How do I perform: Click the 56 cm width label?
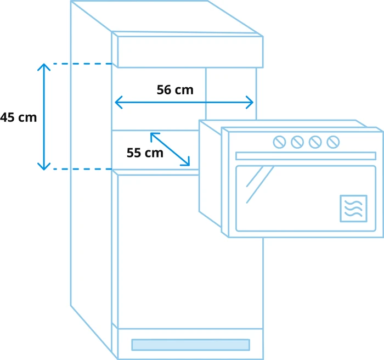175,89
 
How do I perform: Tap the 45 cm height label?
18,117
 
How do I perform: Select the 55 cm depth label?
145,153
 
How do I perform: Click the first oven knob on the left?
279,142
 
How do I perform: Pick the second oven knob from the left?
297,142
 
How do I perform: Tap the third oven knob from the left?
315,142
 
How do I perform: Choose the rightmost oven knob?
333,142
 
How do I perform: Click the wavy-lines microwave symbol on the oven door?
353,209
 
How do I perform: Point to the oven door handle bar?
306,156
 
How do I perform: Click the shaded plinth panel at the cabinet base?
190,345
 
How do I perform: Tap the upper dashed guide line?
82,64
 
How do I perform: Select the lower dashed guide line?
82,169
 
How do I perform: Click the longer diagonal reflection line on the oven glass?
260,185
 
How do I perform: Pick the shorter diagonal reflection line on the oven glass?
255,177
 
